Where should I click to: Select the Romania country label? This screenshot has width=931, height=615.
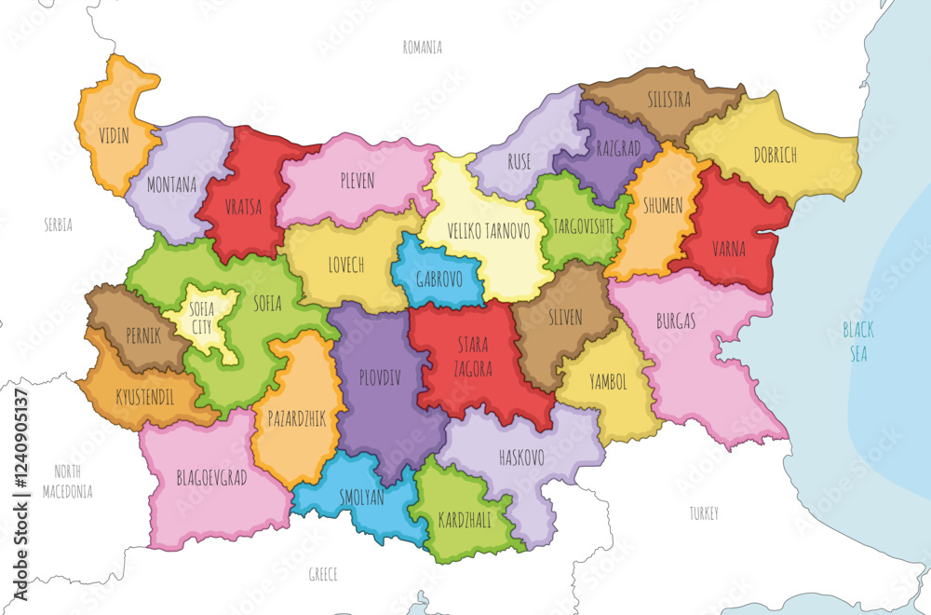pos(422,47)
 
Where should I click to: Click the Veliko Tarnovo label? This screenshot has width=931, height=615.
pos(476,230)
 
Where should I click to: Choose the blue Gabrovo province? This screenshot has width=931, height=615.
pos(435,277)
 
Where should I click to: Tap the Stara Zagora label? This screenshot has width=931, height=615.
pos(473,357)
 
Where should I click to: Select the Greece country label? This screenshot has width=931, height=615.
pos(322,574)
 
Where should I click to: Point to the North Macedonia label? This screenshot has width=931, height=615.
pos(74,481)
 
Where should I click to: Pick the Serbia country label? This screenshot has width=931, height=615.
pos(58,225)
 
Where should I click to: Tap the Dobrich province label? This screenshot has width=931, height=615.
pos(775,155)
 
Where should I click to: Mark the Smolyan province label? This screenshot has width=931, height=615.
pos(362,498)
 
